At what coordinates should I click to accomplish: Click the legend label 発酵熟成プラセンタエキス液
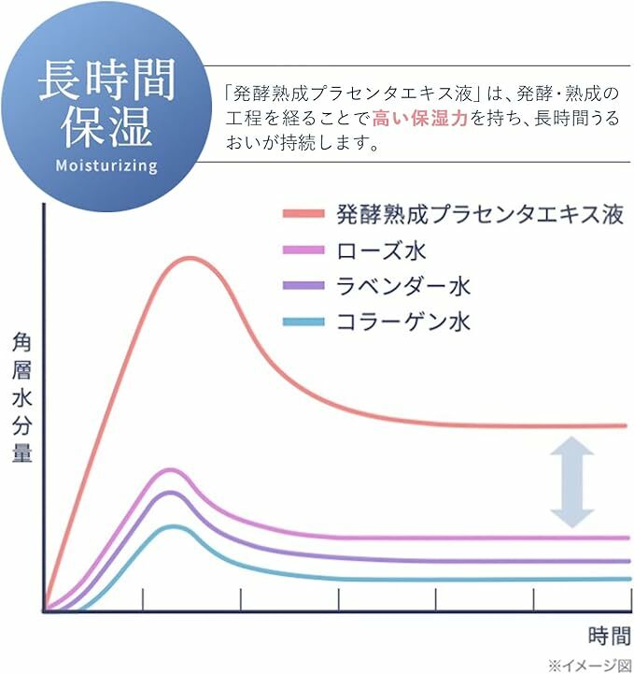pyautogui.click(x=479, y=213)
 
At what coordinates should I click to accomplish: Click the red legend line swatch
pyautogui.click(x=303, y=214)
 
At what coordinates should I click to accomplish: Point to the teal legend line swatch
pyautogui.click(x=303, y=323)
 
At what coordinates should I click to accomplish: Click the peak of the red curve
pyautogui.click(x=190, y=257)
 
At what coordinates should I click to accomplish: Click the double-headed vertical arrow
pyautogui.click(x=571, y=483)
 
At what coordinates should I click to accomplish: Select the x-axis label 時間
pyautogui.click(x=610, y=636)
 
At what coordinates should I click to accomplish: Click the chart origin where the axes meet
pyautogui.click(x=44, y=610)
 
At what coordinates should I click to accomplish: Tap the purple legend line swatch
pyautogui.click(x=303, y=286)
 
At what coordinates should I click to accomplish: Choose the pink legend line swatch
pyautogui.click(x=303, y=251)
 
